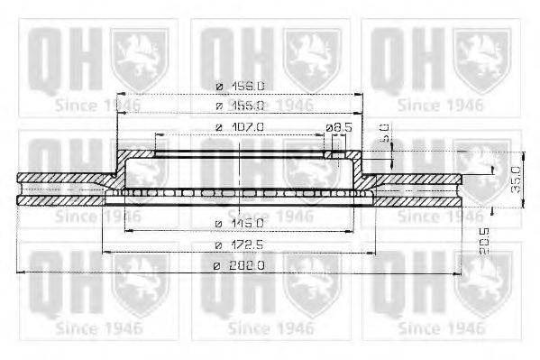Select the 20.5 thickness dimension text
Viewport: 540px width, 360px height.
(484, 241)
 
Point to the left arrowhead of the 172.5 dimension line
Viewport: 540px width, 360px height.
(106, 252)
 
